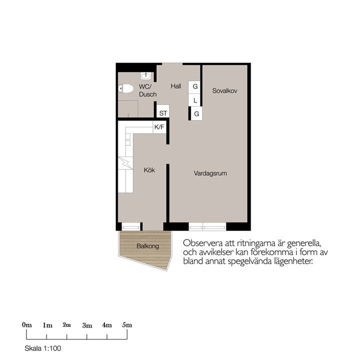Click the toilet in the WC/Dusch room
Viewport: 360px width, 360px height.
click(127, 88)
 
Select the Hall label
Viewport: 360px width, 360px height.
click(175, 86)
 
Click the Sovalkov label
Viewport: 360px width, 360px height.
click(224, 91)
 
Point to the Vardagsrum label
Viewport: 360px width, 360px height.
click(211, 173)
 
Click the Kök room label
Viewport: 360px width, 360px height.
click(149, 170)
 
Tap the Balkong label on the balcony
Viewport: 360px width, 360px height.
click(147, 246)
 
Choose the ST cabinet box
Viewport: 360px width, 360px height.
click(163, 113)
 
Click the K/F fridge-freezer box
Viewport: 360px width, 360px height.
click(159, 127)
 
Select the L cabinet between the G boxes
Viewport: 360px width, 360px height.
click(195, 100)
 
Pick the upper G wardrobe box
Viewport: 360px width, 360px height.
click(195, 86)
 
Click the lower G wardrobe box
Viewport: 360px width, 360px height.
click(196, 114)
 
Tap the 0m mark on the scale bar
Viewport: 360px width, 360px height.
click(27, 324)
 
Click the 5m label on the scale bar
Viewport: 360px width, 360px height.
click(127, 324)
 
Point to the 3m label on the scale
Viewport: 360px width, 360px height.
click(87, 325)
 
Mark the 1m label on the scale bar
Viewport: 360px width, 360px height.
click(47, 325)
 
